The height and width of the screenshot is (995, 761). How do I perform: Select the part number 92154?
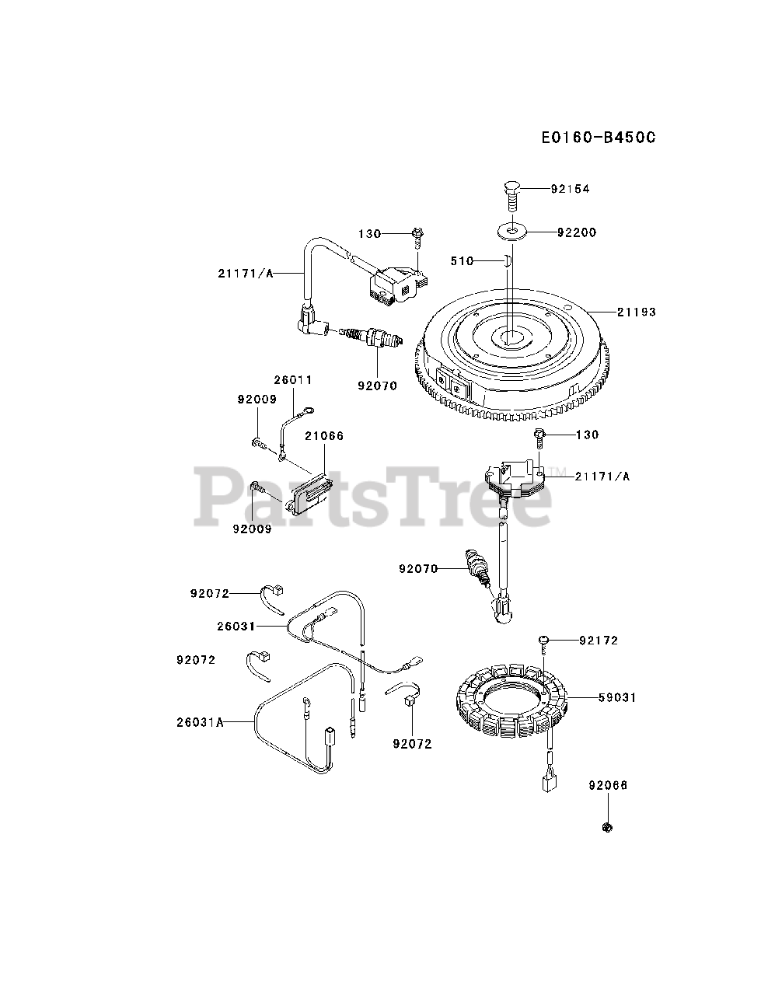click(571, 189)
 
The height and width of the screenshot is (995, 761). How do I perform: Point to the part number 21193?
click(637, 312)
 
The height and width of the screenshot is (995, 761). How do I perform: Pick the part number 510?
click(462, 261)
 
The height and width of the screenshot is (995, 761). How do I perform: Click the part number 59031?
click(617, 698)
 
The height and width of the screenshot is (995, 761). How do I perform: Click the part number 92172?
click(599, 641)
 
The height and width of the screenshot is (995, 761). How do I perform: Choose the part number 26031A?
click(200, 722)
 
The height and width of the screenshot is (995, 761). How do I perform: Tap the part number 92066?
click(608, 786)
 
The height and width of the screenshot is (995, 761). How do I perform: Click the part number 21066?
click(324, 436)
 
